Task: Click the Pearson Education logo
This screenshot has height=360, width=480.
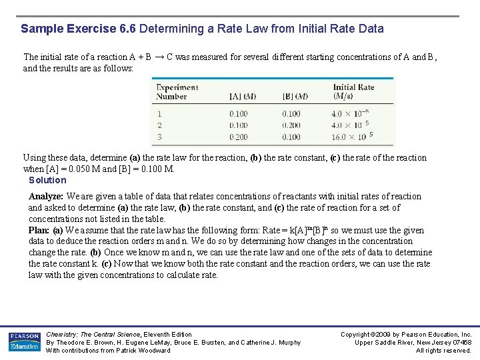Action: [x=25, y=341]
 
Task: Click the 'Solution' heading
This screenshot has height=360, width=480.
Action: [x=47, y=180]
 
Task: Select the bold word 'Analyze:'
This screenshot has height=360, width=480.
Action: [x=46, y=196]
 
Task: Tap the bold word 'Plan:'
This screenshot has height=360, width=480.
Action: [x=39, y=230]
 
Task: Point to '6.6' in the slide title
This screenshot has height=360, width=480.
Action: [x=127, y=29]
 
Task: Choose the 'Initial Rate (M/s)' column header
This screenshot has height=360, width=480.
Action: [x=353, y=91]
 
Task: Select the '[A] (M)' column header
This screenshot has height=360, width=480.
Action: [x=243, y=96]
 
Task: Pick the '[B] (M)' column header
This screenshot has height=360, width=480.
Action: [x=295, y=96]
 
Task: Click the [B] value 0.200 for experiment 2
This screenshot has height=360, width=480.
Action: [x=291, y=125]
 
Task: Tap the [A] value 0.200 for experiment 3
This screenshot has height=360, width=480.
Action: [x=239, y=137]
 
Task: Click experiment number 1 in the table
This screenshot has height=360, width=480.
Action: [x=159, y=114]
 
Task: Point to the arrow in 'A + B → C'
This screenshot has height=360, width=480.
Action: [x=160, y=57]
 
